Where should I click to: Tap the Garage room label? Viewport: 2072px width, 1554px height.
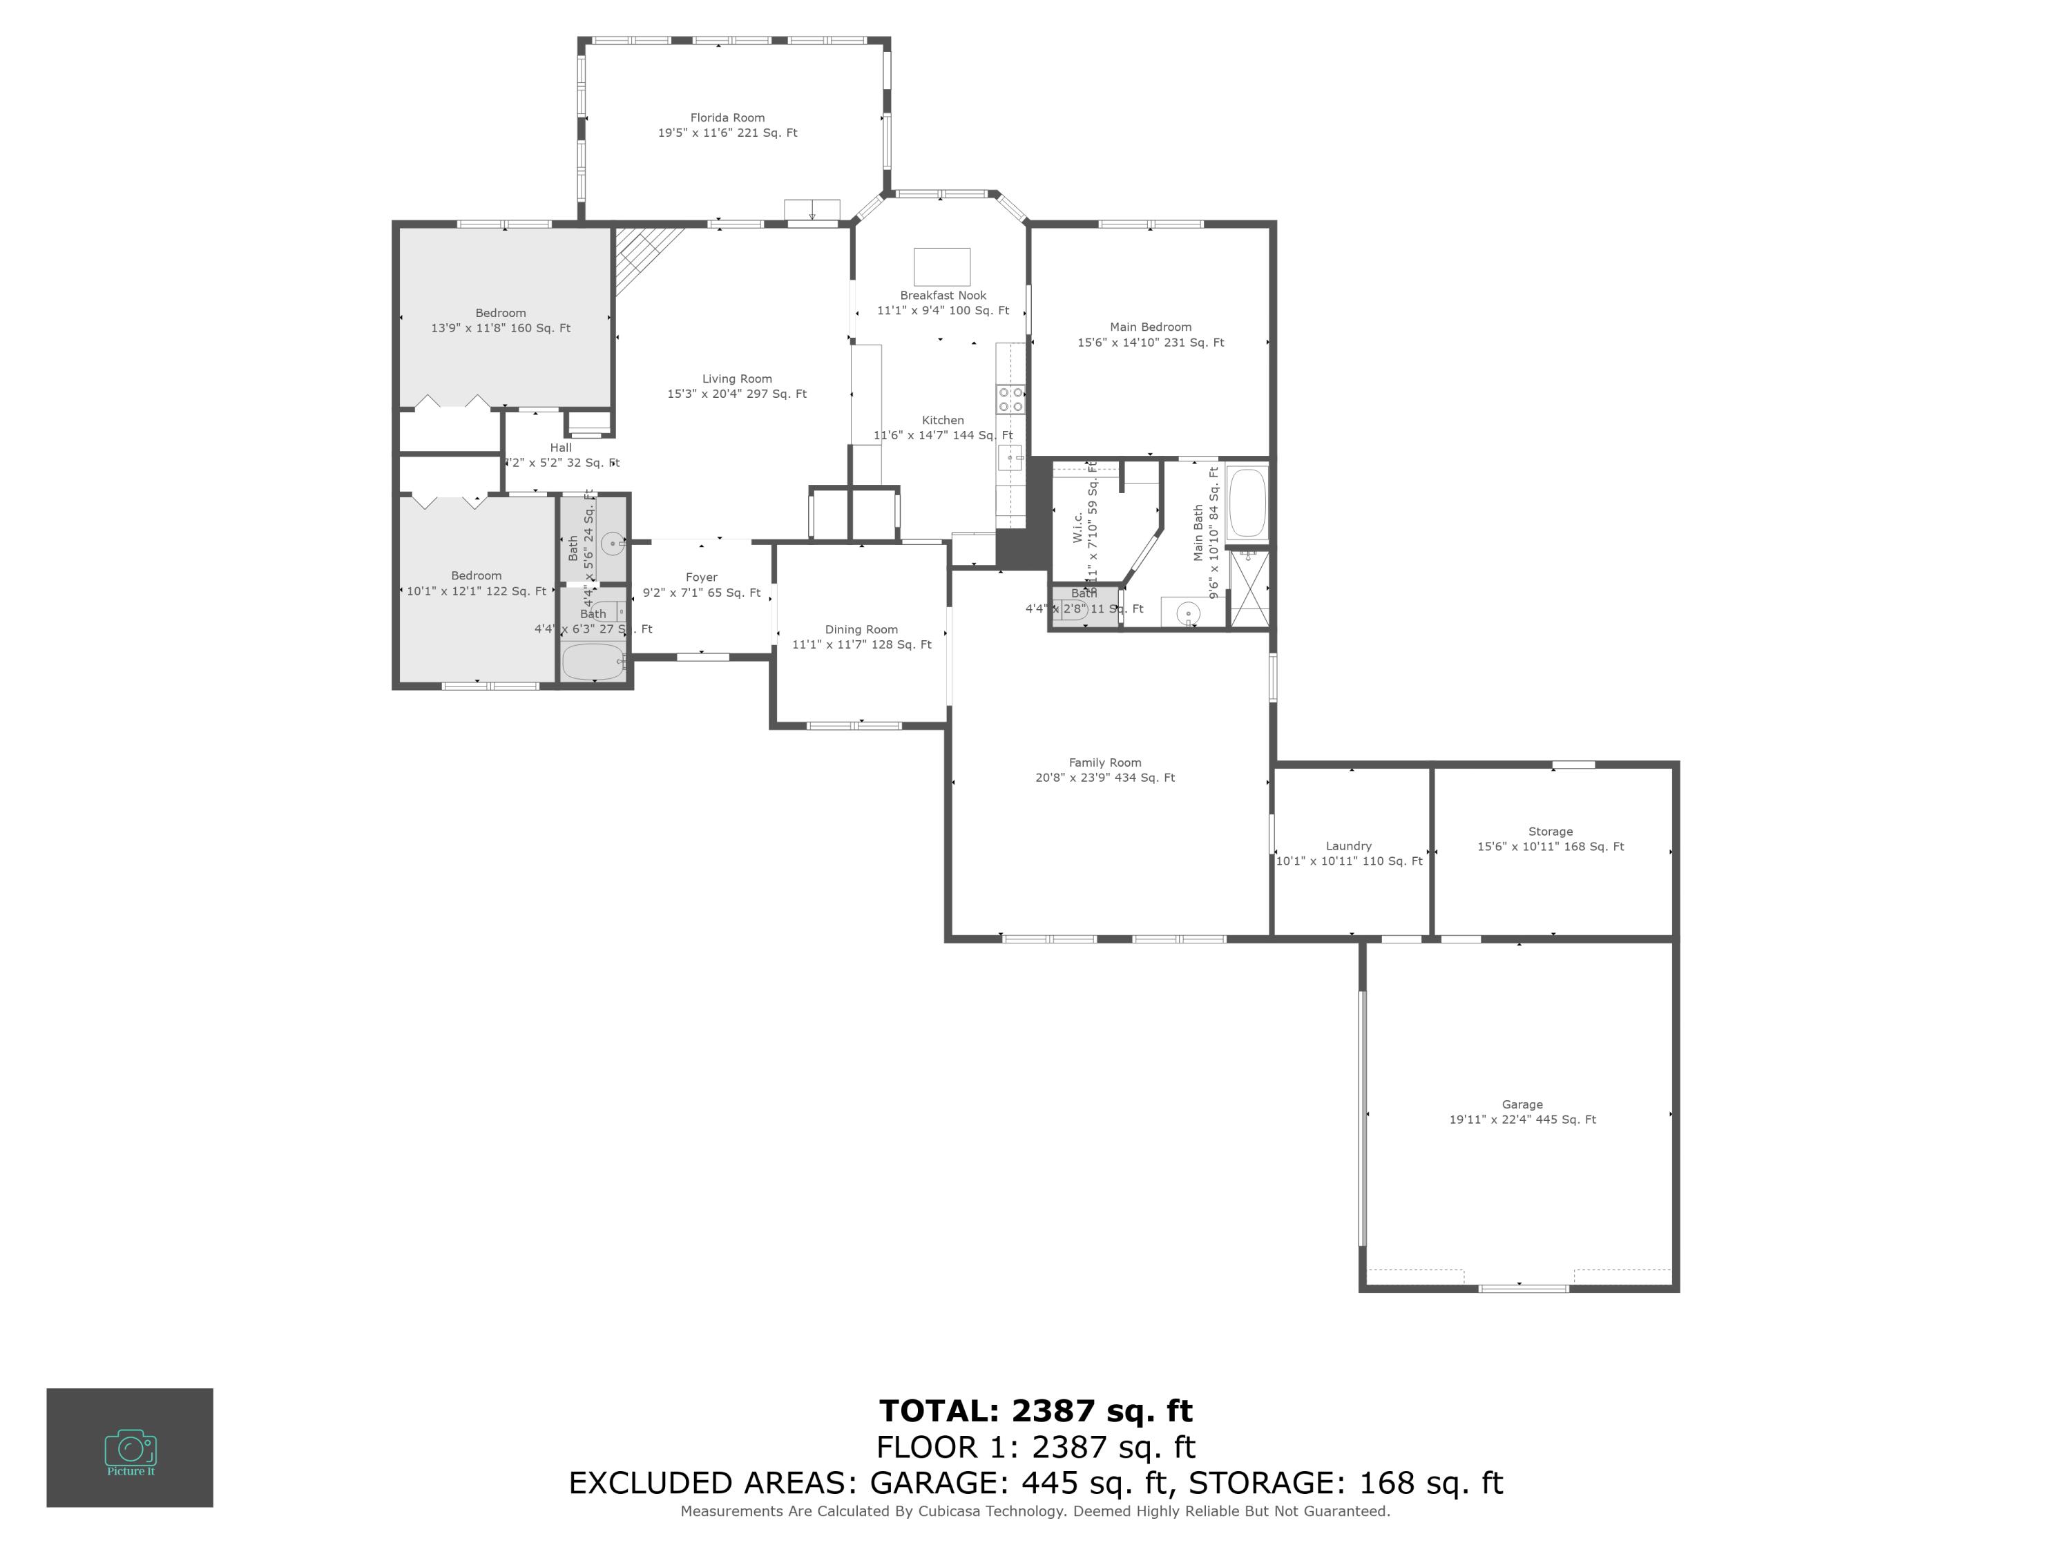(1522, 1104)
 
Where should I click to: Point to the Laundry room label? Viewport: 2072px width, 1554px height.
(1348, 846)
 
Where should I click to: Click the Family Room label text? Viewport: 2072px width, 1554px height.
(1104, 762)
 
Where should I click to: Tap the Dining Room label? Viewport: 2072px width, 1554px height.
(861, 629)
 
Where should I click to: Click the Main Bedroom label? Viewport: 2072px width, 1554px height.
(1149, 327)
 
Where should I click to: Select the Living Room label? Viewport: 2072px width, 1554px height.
(736, 379)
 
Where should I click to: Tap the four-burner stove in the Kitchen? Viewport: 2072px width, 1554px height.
(1010, 400)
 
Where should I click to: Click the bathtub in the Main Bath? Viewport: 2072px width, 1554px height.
(1246, 503)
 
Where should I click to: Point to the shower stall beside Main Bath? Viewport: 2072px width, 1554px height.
(1249, 588)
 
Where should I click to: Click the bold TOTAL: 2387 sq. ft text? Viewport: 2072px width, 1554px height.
(1035, 1410)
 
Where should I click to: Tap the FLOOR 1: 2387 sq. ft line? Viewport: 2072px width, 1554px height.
(1035, 1447)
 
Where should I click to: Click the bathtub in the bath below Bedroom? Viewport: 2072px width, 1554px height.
(593, 662)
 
